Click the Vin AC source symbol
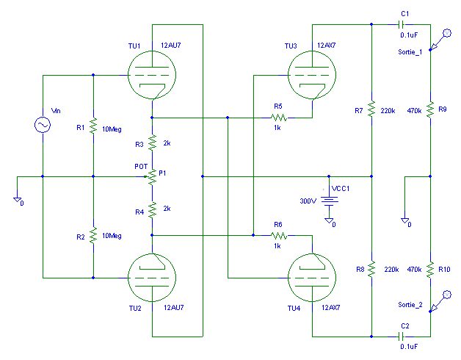click(43, 125)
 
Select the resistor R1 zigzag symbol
click(93, 126)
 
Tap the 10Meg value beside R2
click(112, 236)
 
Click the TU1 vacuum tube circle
click(152, 75)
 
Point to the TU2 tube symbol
click(152, 278)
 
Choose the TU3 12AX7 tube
click(312, 75)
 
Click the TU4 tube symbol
click(312, 278)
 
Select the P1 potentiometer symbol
click(152, 176)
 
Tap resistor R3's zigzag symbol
click(152, 143)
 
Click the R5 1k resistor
click(279, 118)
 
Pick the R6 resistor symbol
click(279, 236)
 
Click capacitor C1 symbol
click(402, 24)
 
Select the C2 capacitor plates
click(402, 336)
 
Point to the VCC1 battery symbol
click(329, 201)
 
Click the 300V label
click(308, 201)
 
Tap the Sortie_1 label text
click(410, 52)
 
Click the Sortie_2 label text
click(410, 305)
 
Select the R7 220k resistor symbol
click(371, 109)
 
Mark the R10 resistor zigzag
click(430, 270)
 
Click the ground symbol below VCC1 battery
click(329, 220)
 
